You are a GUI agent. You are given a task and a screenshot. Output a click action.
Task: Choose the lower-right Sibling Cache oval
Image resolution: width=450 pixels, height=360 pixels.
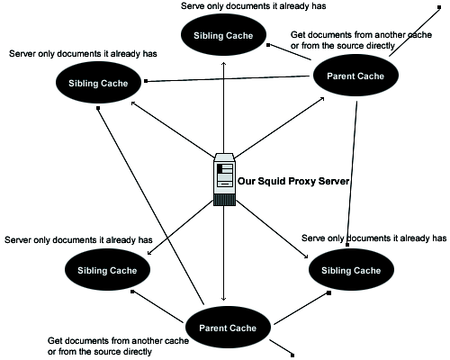(x=349, y=269)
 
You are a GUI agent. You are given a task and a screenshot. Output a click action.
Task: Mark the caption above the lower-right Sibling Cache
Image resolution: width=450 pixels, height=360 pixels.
(x=373, y=238)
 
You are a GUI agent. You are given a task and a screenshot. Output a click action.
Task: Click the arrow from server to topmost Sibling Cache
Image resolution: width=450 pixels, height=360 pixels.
(x=223, y=108)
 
